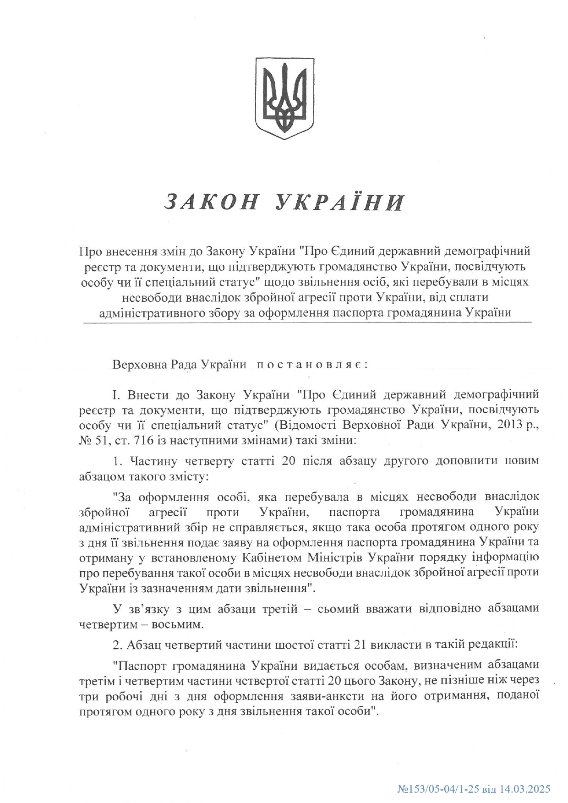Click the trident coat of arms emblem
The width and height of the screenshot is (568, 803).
point(284,98)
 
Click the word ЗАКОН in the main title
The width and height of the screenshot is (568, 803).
point(211,202)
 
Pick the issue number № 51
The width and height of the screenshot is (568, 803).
point(90,441)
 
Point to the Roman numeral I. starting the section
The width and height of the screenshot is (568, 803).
point(116,395)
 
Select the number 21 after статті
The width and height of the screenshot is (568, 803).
point(360,645)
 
